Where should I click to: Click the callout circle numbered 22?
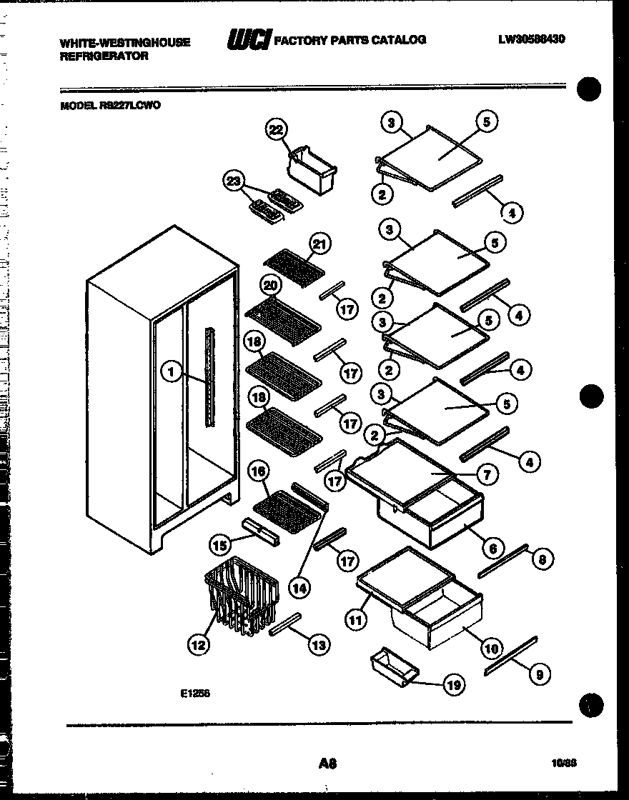tap(275, 129)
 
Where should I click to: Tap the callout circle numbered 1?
tap(170, 371)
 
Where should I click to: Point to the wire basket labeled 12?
tap(239, 595)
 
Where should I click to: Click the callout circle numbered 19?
tap(453, 685)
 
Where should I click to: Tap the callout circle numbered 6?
tap(490, 548)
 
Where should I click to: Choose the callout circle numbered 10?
tap(490, 649)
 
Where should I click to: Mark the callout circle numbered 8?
tap(542, 560)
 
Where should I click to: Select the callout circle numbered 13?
tap(318, 645)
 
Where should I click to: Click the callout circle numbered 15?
tap(220, 545)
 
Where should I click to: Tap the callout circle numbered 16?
tap(259, 471)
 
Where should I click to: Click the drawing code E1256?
tap(195, 692)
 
